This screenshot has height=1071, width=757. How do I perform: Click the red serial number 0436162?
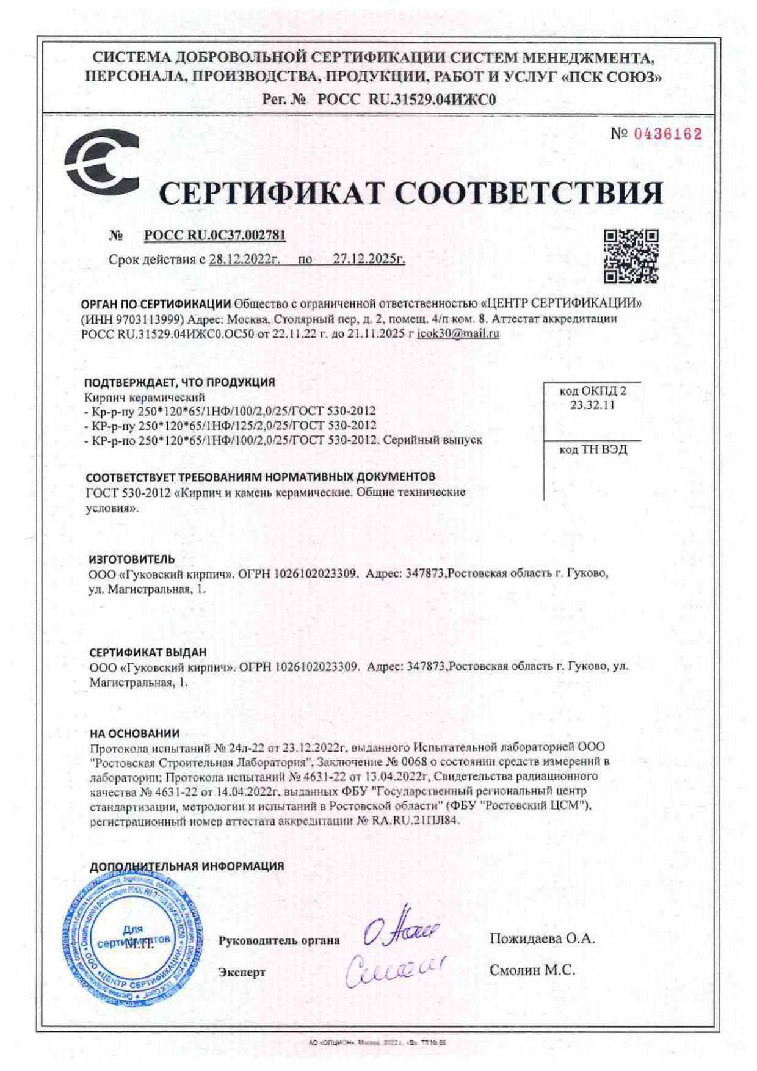click(x=668, y=134)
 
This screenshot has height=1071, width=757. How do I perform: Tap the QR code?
click(x=631, y=256)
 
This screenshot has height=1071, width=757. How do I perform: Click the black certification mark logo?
click(x=101, y=162)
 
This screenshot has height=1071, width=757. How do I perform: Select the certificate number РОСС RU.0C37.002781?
click(x=215, y=236)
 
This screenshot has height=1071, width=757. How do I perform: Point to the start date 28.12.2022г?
click(x=244, y=259)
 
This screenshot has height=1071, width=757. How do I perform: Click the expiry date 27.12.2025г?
click(x=369, y=259)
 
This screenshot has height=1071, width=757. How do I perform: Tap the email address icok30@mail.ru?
click(x=458, y=334)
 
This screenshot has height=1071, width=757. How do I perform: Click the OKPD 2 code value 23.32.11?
click(x=592, y=405)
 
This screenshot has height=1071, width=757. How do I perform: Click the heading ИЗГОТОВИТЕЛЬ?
click(x=132, y=559)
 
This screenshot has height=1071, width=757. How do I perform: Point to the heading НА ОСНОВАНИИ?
click(x=134, y=733)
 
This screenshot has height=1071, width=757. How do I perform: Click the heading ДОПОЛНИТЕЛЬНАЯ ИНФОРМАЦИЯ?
click(x=187, y=866)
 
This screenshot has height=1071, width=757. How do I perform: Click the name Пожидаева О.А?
click(x=542, y=938)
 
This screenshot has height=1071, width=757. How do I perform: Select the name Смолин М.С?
click(x=532, y=970)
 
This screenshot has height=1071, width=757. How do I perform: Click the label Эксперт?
click(x=242, y=972)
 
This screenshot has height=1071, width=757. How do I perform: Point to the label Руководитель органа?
click(x=279, y=940)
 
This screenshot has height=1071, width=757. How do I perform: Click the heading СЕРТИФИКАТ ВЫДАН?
click(x=148, y=652)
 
